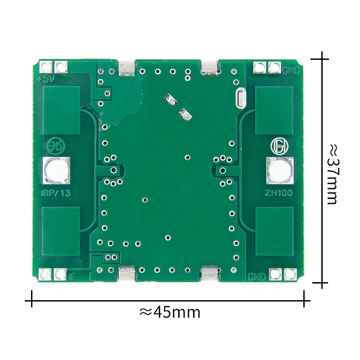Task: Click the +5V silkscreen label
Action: tap(46, 79)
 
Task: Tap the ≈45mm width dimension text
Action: tap(170, 312)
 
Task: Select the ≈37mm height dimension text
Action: tap(333, 174)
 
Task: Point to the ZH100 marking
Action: tap(279, 193)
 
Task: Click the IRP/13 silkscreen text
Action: tap(55, 193)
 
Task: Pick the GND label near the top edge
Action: tap(291, 71)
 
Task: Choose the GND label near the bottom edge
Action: tap(256, 277)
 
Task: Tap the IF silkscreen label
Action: tap(72, 276)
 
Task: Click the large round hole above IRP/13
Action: tap(56, 171)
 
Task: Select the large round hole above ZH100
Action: tap(279, 171)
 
